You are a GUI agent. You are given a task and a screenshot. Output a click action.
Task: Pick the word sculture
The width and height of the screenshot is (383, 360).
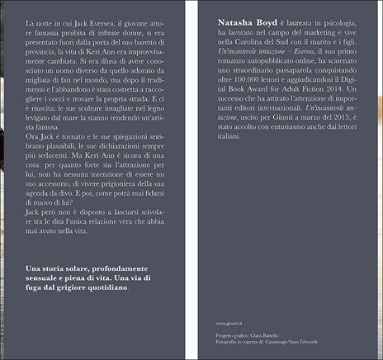coord(114,140)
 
